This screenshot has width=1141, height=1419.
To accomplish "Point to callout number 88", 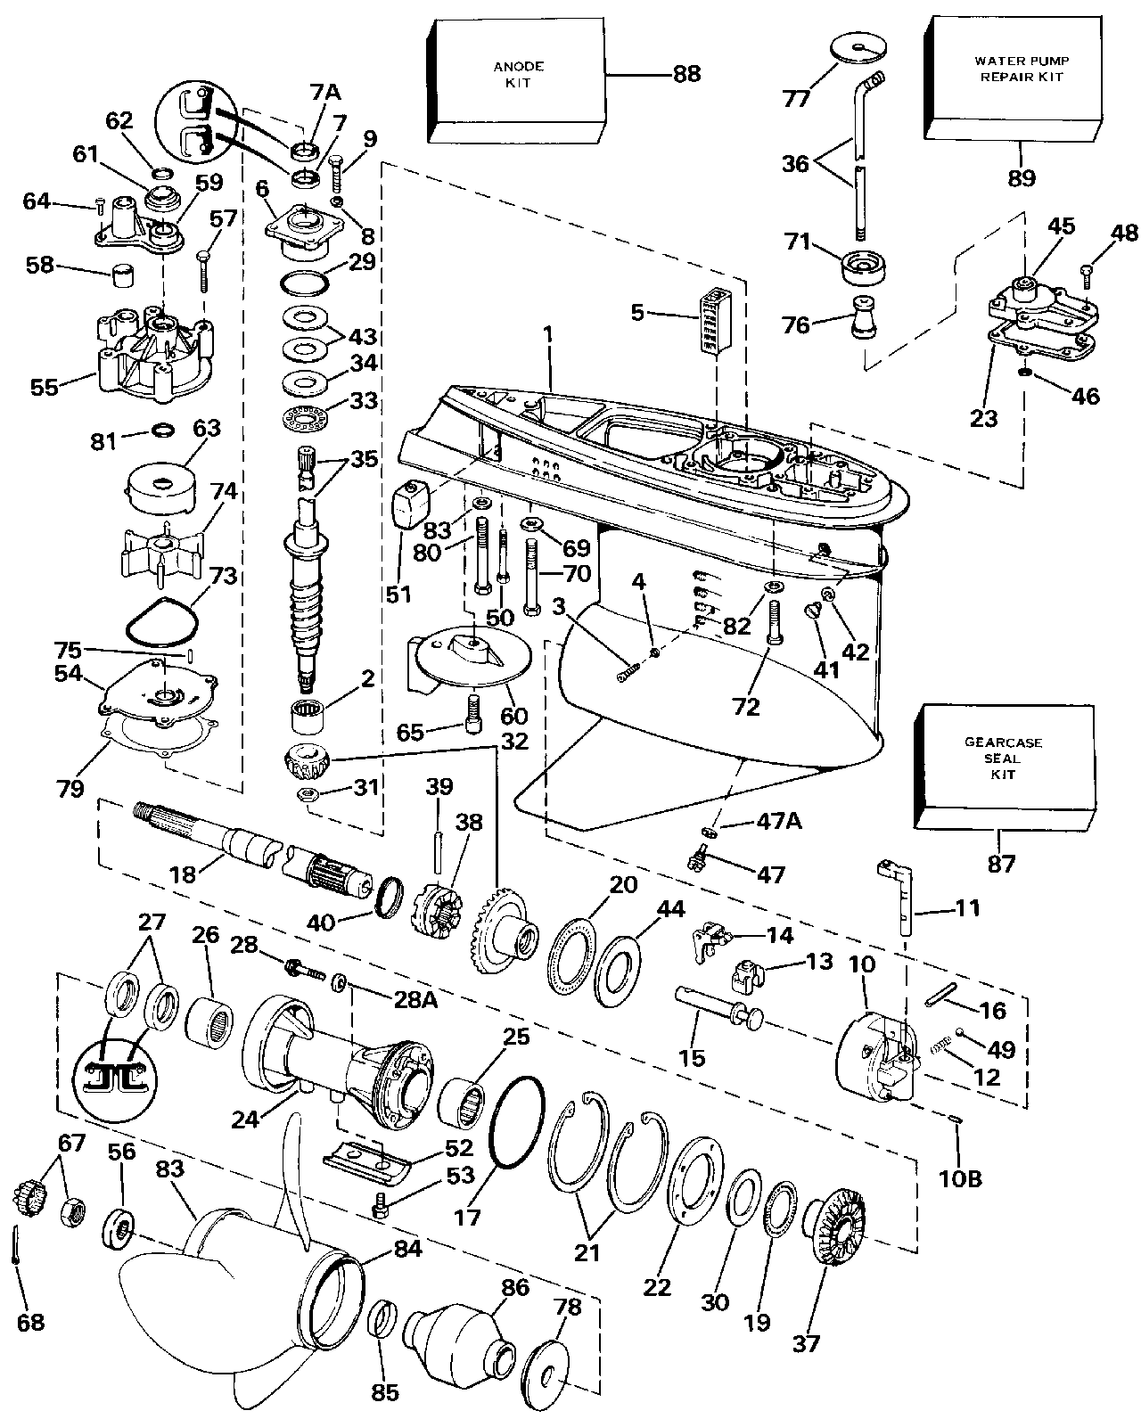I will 686,74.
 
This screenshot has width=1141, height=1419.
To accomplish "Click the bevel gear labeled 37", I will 839,1225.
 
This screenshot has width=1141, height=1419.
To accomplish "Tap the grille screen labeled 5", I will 715,321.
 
